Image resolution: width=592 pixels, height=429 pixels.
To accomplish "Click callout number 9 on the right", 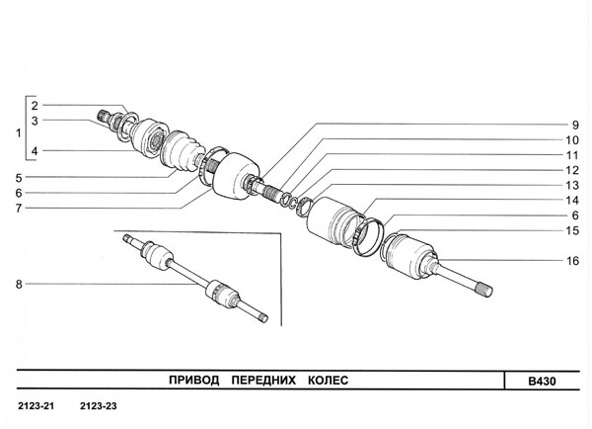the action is [575, 125].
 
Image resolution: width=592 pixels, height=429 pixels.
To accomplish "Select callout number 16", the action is [572, 261].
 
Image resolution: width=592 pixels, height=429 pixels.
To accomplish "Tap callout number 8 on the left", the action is [19, 284].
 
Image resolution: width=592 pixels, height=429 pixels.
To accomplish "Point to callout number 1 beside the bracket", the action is [18, 133].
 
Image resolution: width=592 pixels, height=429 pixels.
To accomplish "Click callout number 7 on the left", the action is [19, 208].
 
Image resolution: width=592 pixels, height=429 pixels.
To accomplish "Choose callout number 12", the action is [572, 170].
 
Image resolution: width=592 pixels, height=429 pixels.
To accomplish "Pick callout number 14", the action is [572, 200].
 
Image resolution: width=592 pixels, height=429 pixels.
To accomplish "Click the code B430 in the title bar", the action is [542, 381].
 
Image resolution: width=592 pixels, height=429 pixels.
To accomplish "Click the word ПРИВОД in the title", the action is [194, 380].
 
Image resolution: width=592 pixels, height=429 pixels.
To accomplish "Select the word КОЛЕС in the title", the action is [329, 380].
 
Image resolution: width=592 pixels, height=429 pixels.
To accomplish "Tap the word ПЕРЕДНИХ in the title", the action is [263, 380].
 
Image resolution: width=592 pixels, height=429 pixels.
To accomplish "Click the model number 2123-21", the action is [37, 406].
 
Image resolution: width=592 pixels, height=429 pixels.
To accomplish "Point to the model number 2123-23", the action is [98, 406].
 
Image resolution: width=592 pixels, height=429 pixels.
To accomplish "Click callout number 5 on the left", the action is [19, 178].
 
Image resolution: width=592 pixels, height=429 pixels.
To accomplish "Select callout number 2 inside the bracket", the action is [35, 106].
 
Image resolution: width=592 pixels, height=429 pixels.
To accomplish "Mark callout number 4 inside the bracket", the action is [35, 151].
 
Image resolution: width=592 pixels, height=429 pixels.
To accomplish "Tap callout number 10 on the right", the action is [572, 140].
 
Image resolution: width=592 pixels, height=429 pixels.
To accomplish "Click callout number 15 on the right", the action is [572, 230].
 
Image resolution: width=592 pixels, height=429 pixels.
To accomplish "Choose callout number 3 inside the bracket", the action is [35, 121].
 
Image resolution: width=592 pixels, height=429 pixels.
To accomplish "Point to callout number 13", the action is [572, 186].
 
